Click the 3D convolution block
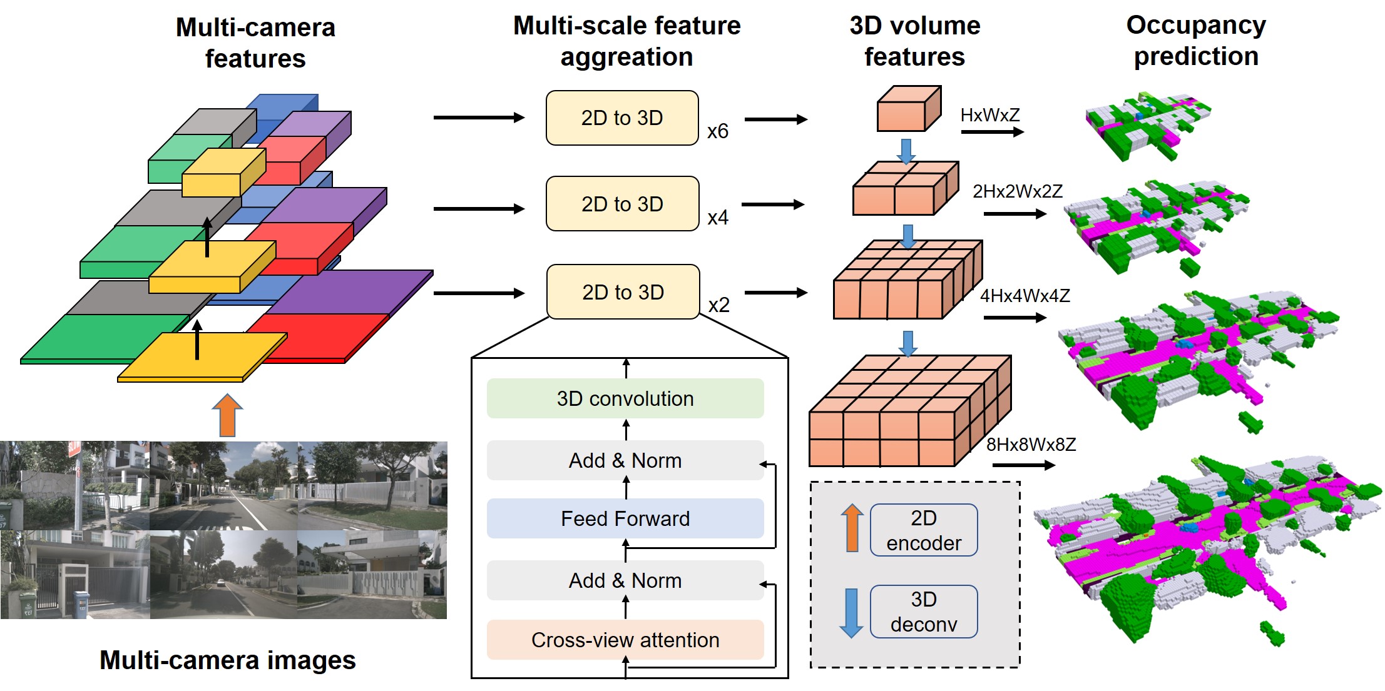point(625,398)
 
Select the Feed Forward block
point(625,518)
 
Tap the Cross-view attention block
point(625,640)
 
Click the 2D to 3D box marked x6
point(622,118)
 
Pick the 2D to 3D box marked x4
point(623,204)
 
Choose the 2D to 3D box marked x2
point(623,292)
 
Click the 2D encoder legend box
point(924,530)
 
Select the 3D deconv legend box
point(924,612)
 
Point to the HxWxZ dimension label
point(990,115)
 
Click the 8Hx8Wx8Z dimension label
point(1031,445)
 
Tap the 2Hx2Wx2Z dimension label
point(1018,191)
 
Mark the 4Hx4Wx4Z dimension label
point(1025,296)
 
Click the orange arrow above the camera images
point(227,415)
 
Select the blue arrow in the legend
point(851,612)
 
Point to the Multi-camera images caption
point(228,660)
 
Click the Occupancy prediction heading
point(1196,41)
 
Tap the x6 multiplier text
point(718,131)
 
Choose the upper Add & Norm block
point(625,460)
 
